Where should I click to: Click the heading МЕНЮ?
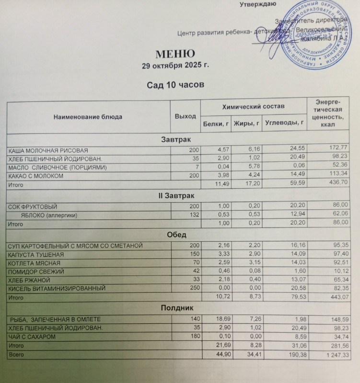[x=174, y=53]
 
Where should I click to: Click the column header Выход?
[x=186, y=116]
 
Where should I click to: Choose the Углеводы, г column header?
[x=285, y=124]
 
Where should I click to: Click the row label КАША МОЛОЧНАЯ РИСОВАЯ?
[x=48, y=150]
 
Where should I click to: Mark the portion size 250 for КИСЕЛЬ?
[x=191, y=289]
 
